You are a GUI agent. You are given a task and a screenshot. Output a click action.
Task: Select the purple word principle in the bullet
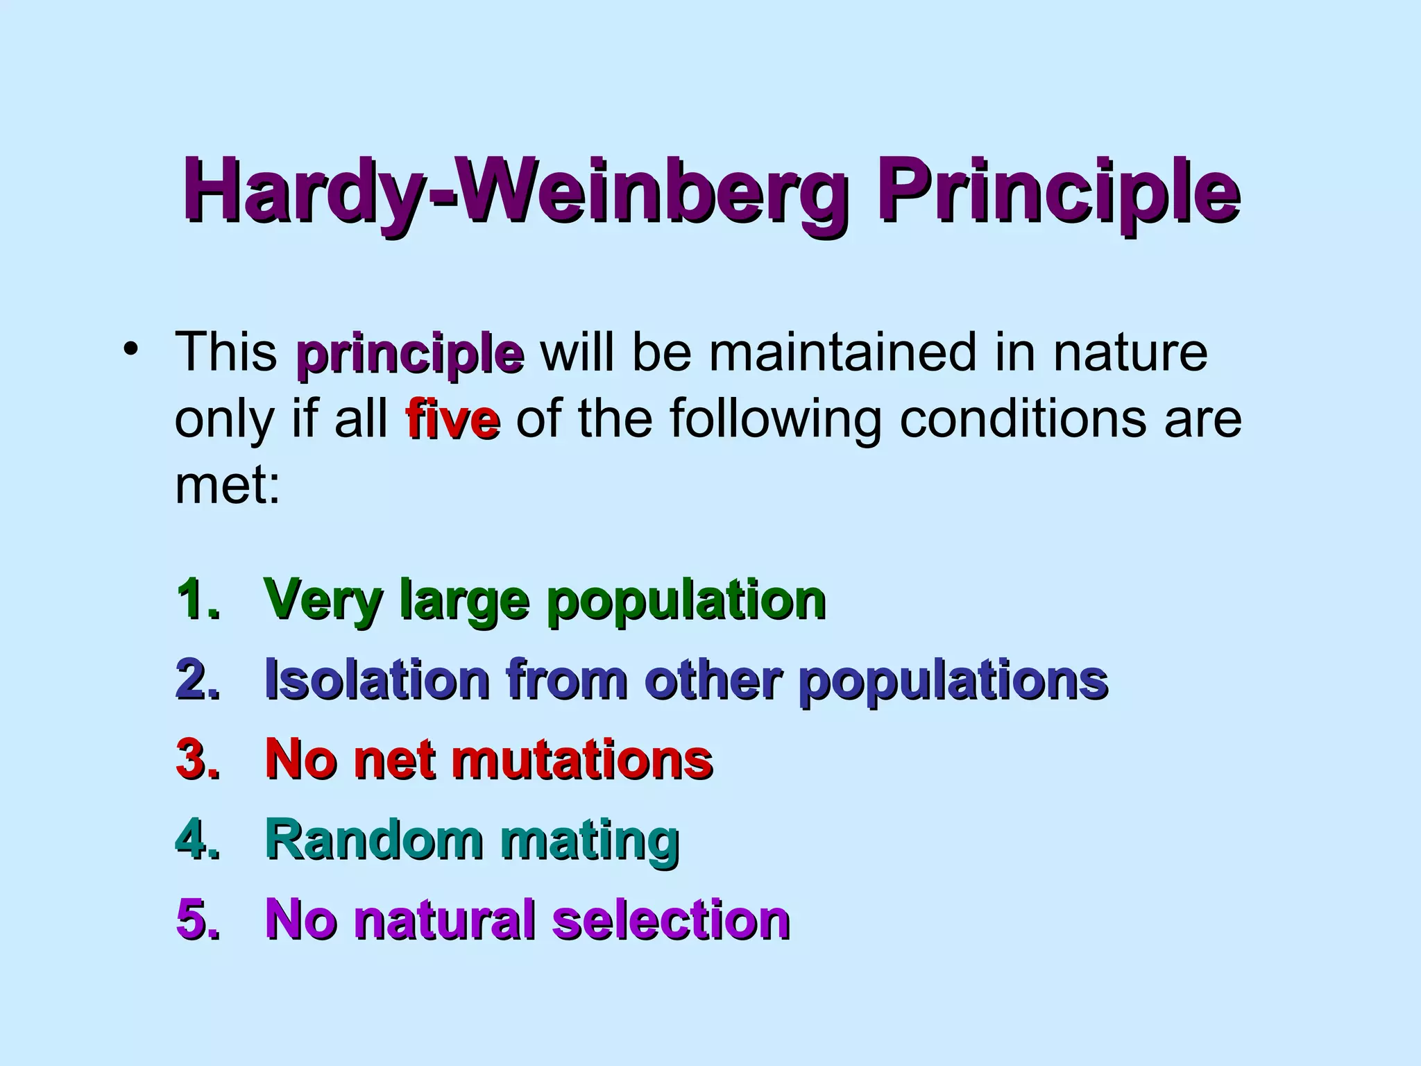coord(409,354)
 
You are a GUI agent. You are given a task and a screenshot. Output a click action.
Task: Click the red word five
coord(452,420)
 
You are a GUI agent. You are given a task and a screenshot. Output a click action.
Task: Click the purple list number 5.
coord(197,919)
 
